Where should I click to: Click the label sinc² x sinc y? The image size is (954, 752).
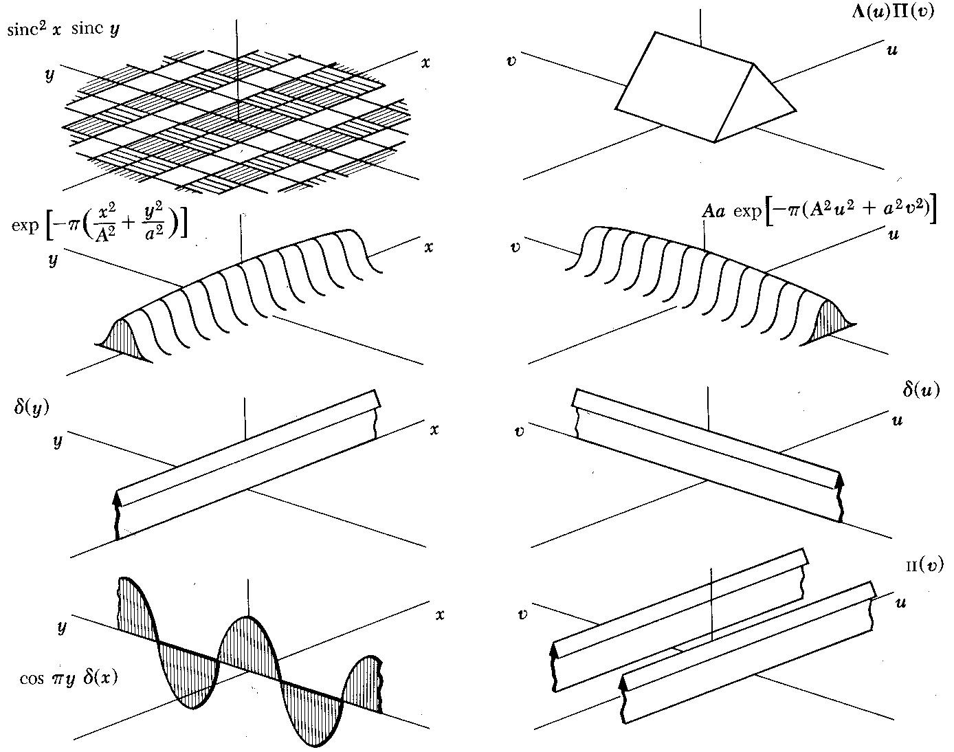pyautogui.click(x=63, y=31)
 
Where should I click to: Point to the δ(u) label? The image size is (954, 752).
pyautogui.click(x=920, y=390)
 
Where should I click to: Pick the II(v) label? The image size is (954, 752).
pyautogui.click(x=924, y=565)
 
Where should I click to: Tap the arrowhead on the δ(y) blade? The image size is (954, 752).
pyautogui.click(x=118, y=498)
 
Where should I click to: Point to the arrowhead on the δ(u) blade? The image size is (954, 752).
pyautogui.click(x=839, y=479)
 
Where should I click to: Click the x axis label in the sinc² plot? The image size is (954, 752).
pyautogui.click(x=425, y=63)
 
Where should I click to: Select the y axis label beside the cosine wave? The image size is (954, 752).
pyautogui.click(x=62, y=626)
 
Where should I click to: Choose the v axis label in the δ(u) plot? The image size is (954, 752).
pyautogui.click(x=520, y=432)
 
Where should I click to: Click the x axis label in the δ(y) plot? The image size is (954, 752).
pyautogui.click(x=434, y=430)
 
